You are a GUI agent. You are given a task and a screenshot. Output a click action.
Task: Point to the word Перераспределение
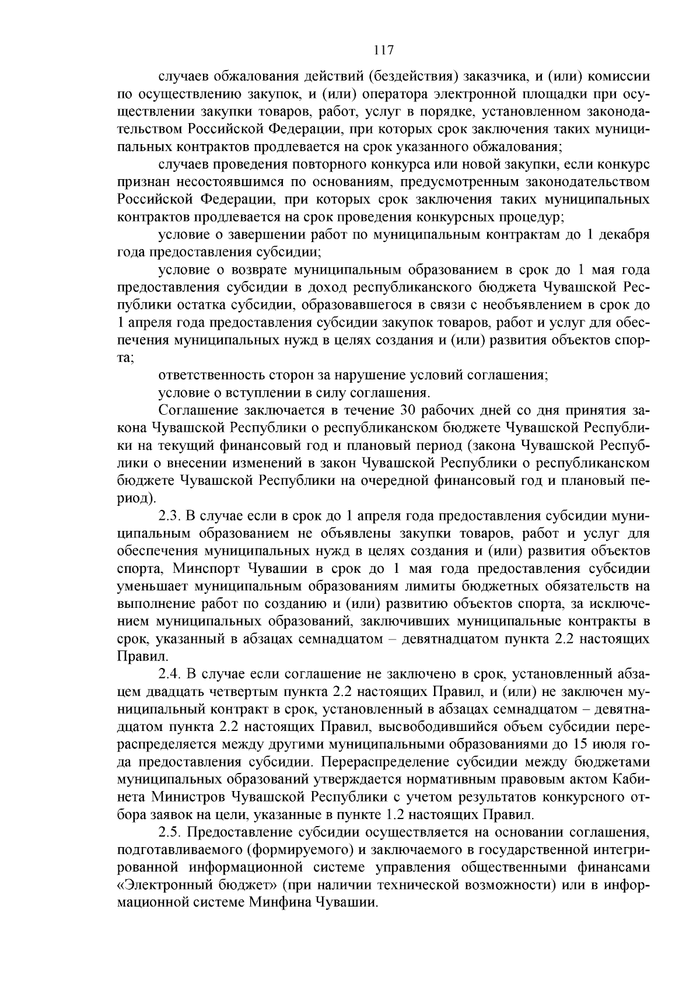pos(403,762)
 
